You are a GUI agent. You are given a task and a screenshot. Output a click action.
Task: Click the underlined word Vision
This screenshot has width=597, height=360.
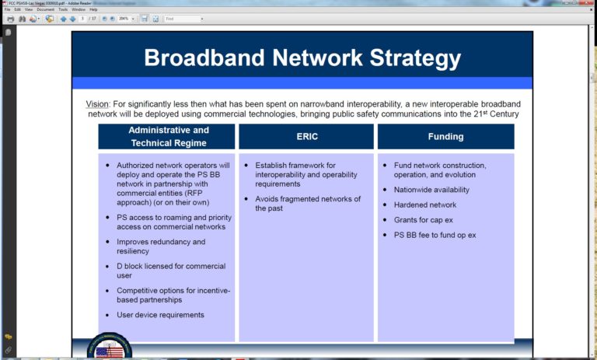coord(98,104)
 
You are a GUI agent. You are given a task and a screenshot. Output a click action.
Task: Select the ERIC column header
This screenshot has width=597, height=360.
coord(307,136)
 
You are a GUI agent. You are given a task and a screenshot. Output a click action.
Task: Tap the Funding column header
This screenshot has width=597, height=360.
coord(445,136)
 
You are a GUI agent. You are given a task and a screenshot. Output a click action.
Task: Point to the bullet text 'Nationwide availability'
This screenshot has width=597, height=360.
coord(431,190)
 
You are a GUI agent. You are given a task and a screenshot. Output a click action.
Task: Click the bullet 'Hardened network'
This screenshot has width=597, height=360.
coord(425,204)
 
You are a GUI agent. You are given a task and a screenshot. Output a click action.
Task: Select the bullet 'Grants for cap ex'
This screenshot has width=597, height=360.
coord(424,220)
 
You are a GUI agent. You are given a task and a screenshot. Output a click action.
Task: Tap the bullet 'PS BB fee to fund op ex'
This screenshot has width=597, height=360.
coord(435,235)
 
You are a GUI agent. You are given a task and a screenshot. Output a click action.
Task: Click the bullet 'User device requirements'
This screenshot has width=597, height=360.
coord(160,315)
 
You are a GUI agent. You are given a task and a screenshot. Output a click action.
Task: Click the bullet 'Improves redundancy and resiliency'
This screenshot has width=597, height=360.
coord(161,246)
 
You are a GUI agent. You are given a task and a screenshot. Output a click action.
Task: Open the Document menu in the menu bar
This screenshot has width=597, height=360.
coord(45,9)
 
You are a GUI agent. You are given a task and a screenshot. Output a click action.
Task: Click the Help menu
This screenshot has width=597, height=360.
coord(93,9)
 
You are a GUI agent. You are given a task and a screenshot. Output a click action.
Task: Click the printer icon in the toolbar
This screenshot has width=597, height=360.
coord(10,19)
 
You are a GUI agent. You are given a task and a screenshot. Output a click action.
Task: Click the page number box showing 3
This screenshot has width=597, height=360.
coord(83,19)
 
